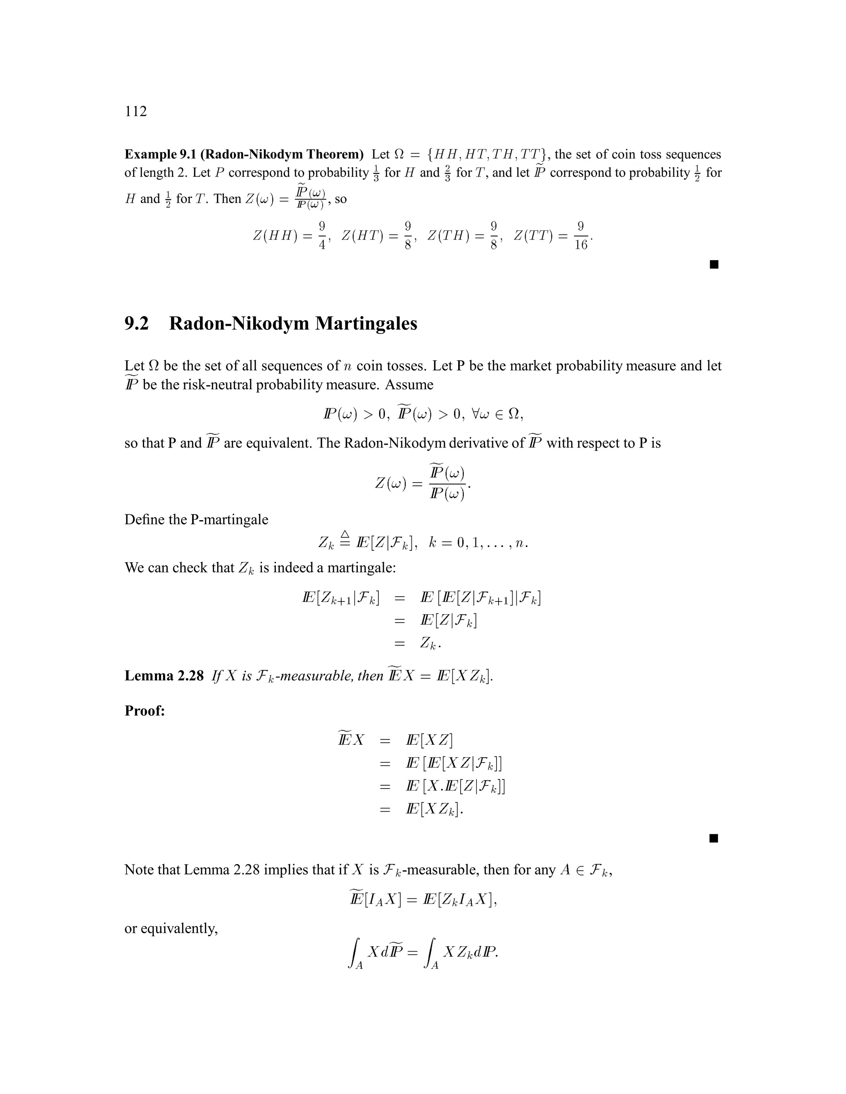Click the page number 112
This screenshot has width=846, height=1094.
135,111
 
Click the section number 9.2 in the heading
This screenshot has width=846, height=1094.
136,324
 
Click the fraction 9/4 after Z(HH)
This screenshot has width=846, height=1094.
322,235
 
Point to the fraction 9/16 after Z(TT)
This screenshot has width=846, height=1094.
580,235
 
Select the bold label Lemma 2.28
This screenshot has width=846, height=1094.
164,676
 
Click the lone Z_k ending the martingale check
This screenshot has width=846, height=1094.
430,643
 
